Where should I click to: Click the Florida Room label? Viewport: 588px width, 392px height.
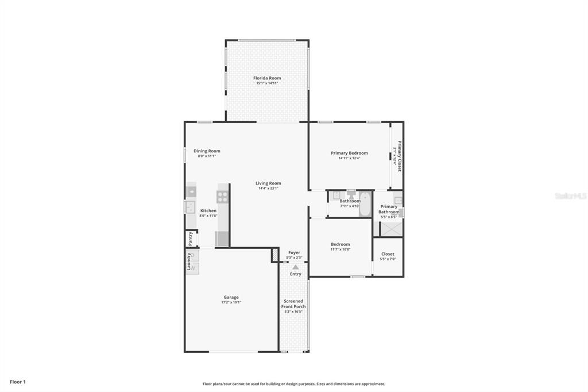tap(267, 78)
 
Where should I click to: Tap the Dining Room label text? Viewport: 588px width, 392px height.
tap(207, 151)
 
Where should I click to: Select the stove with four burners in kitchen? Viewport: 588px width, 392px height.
tap(222, 197)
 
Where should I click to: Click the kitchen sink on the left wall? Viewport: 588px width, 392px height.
tap(189, 206)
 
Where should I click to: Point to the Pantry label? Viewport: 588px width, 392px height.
tap(191, 238)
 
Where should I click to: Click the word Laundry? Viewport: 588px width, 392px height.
tap(188, 262)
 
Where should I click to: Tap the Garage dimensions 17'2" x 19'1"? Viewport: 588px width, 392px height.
tap(231, 302)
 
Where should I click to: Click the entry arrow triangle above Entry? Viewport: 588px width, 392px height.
tap(295, 267)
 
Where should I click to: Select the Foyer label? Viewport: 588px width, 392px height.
tap(294, 252)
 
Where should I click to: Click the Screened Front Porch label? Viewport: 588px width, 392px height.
tap(293, 304)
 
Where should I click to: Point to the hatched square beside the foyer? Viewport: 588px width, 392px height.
tap(274, 255)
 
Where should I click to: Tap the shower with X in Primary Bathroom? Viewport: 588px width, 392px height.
tap(392, 228)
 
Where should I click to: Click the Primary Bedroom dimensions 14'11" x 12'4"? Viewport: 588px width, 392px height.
tap(349, 158)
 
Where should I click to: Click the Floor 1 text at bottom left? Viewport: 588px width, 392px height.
tap(18, 382)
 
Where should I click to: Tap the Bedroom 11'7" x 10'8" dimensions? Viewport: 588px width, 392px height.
tap(340, 249)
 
